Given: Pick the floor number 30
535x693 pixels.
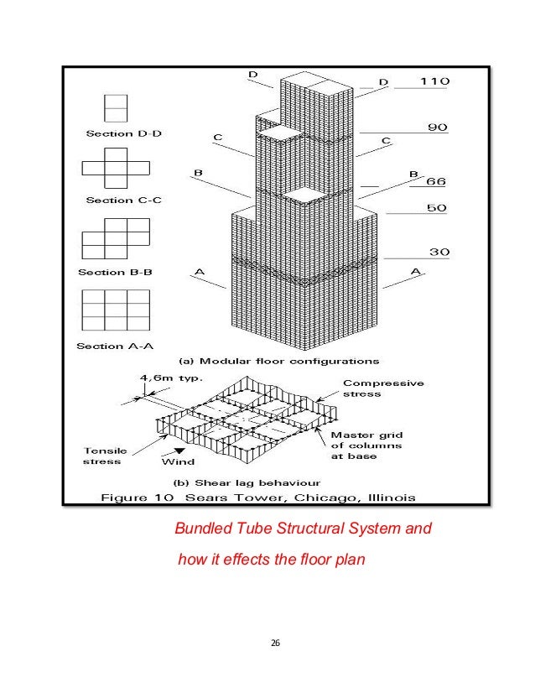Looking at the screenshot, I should pos(435,251).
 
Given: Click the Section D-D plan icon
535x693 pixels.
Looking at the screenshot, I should pos(115,108).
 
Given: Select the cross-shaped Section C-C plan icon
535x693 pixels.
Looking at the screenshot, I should pos(115,168).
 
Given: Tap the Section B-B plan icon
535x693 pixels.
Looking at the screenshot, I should pos(115,238).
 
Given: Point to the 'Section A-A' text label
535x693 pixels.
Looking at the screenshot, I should pos(115,345).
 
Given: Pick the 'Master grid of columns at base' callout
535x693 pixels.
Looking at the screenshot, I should pos(366,445).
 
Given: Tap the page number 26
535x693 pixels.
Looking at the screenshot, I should pos(273,643).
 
